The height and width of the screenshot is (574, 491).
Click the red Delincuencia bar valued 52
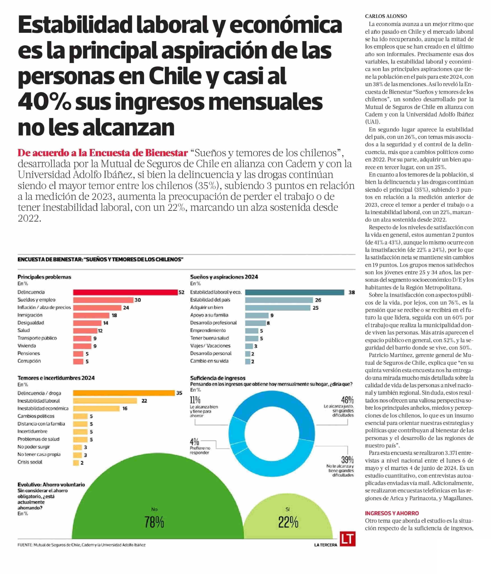(x=125, y=292)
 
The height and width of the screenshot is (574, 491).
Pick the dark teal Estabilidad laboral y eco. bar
(x=295, y=292)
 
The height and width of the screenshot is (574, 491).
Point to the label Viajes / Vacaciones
(x=210, y=346)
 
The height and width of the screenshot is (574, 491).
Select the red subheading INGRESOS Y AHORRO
(x=392, y=513)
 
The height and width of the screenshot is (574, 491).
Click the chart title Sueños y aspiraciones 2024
(x=224, y=277)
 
